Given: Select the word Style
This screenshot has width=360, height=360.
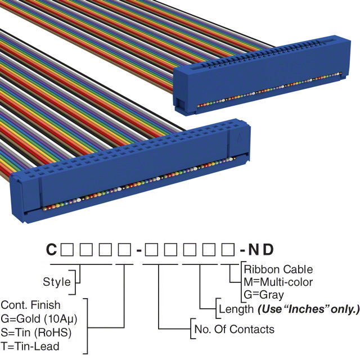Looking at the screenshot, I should [x=57, y=282].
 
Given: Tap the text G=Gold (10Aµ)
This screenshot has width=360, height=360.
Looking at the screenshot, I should [x=38, y=319].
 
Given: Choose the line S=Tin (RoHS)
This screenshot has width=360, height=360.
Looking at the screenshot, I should [x=36, y=332].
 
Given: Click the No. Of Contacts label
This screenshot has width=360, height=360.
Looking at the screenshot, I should [x=234, y=329].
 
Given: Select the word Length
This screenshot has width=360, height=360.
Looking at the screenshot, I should [x=236, y=309].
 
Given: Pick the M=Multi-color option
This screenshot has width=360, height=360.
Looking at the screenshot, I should [x=278, y=282].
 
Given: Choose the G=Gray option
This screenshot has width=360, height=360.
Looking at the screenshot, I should [x=264, y=294].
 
